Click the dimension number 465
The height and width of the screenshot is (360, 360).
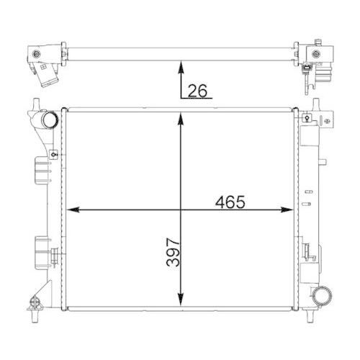(x=230, y=202)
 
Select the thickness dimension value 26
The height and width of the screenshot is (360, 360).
(x=197, y=90)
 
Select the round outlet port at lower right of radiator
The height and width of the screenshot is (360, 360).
(x=323, y=294)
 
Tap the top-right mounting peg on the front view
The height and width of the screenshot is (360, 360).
(x=315, y=104)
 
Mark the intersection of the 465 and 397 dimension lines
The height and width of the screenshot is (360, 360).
(x=180, y=210)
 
